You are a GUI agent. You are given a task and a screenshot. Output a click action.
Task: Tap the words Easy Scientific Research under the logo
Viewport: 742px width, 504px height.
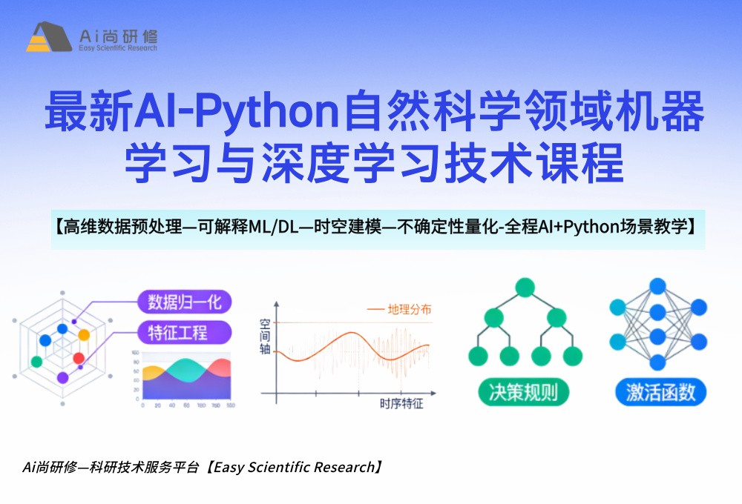click(x=117, y=48)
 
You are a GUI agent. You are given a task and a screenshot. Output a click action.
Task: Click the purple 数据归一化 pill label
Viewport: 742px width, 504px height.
click(x=184, y=302)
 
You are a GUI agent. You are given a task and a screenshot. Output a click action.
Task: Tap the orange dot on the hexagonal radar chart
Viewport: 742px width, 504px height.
click(x=84, y=334)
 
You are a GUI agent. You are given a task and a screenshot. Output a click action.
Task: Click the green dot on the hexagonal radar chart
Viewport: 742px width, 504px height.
click(x=36, y=362)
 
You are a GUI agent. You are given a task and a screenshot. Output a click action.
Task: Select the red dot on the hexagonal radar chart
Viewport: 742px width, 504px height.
click(x=79, y=359)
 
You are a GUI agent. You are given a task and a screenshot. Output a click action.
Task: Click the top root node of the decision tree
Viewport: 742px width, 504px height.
click(x=525, y=287)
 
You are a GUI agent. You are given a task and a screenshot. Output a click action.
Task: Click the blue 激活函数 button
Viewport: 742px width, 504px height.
click(x=660, y=391)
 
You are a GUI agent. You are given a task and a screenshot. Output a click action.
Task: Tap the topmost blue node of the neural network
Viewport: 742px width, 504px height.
click(x=657, y=286)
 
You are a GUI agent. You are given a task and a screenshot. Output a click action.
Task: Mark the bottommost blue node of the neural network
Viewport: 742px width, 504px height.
click(x=657, y=362)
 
